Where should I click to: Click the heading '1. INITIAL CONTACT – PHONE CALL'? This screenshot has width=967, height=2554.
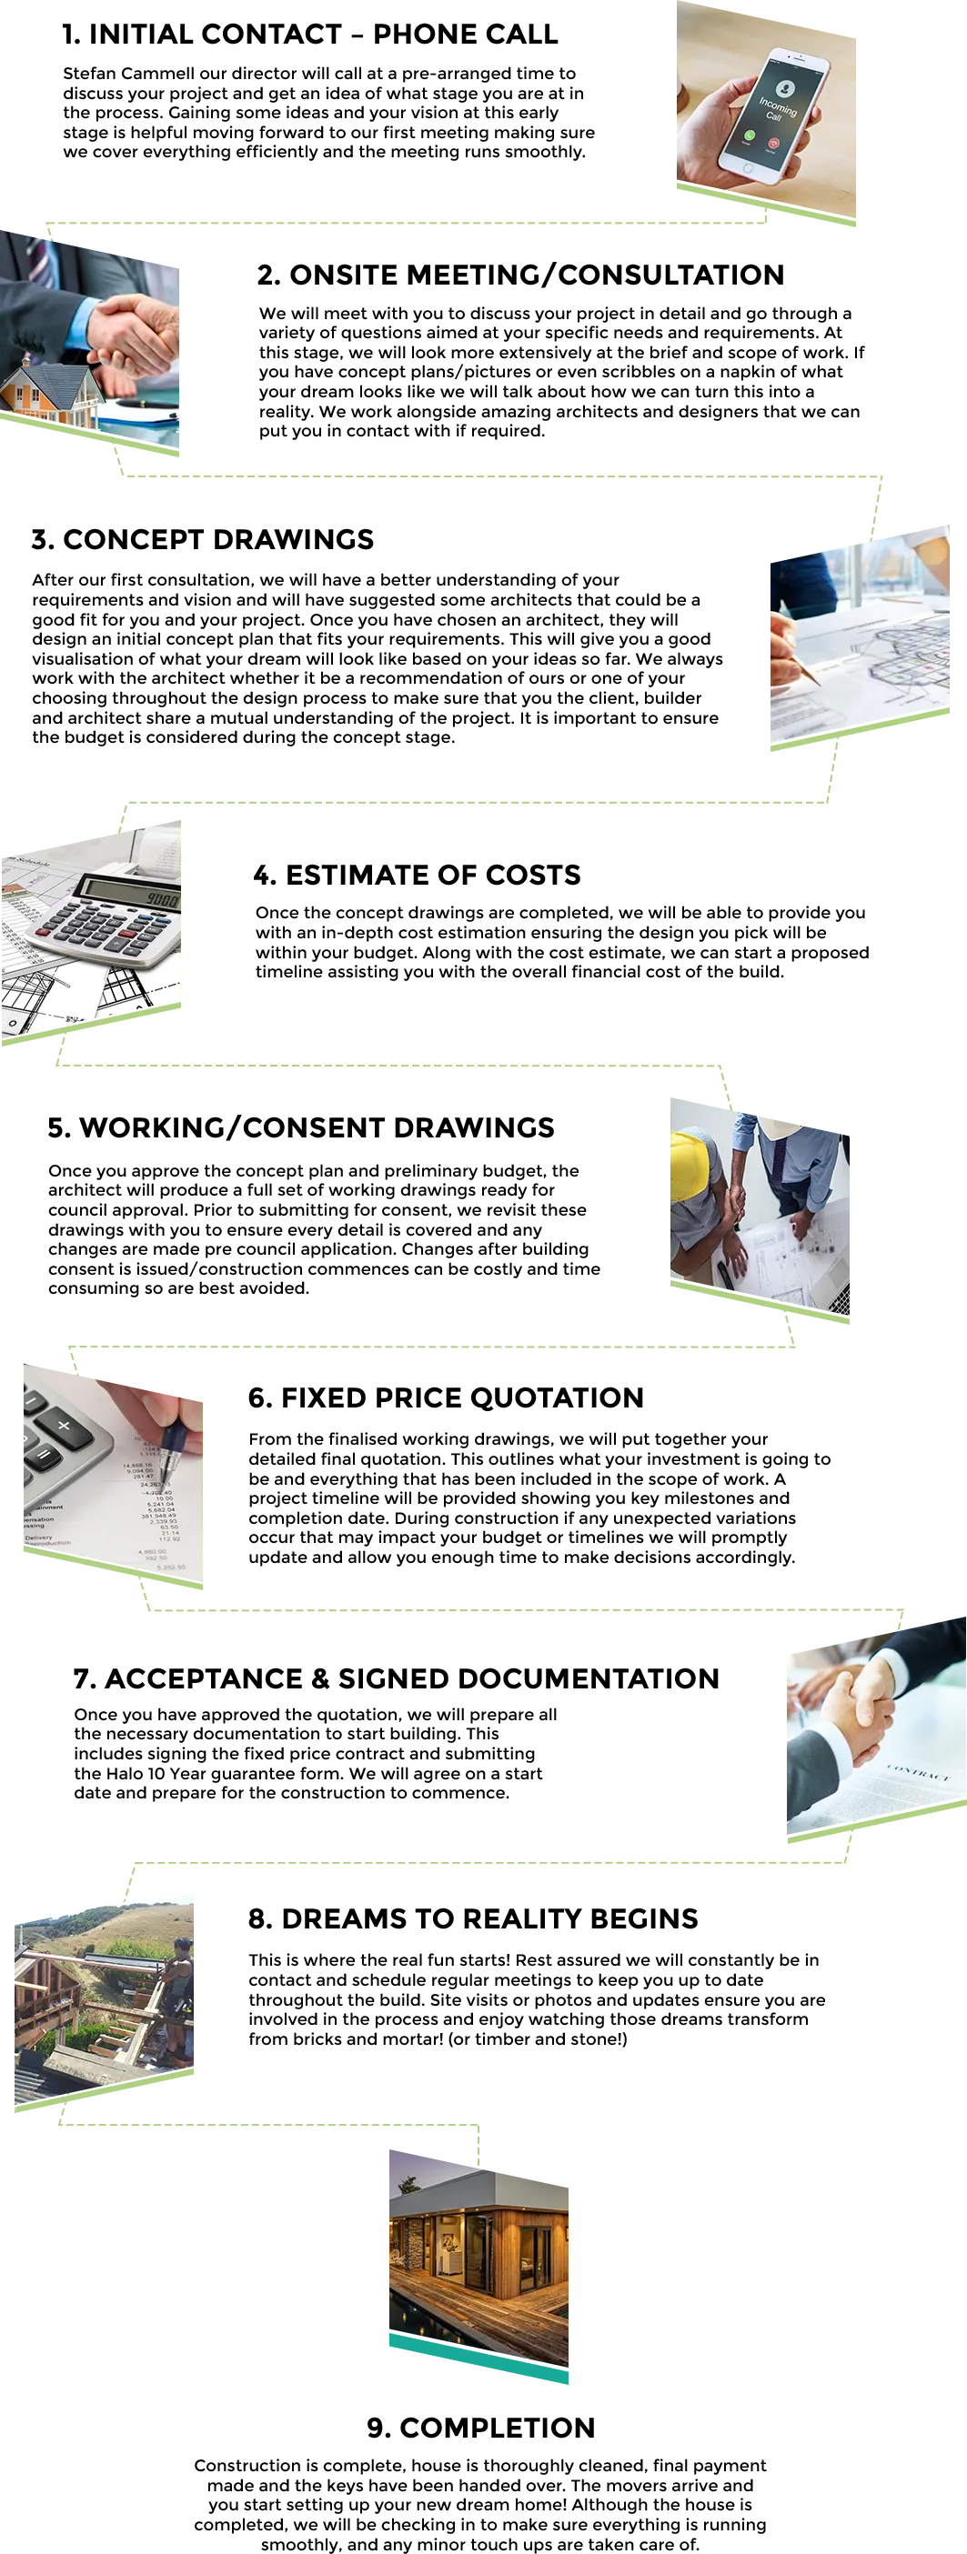point(309,35)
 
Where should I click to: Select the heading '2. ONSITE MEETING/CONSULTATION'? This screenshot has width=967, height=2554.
point(520,275)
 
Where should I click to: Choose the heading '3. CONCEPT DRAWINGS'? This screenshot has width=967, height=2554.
point(202,539)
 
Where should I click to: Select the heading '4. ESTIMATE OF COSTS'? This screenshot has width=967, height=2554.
point(417,875)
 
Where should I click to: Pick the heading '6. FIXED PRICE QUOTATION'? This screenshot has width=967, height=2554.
point(446,1398)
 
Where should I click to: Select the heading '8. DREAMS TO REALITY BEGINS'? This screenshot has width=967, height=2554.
point(473,1918)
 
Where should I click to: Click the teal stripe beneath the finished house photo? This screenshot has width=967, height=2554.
point(479,2359)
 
